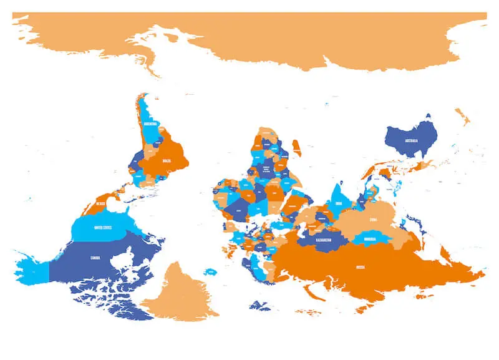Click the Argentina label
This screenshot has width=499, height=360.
[150, 124]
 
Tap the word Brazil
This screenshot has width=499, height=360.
[166, 160]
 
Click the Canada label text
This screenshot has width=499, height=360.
[95, 258]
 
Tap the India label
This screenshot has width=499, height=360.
[339, 203]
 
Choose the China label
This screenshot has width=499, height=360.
[373, 220]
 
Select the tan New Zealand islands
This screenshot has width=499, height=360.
[462, 117]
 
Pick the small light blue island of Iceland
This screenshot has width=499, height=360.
[211, 271]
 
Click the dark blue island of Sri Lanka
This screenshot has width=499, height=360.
[341, 182]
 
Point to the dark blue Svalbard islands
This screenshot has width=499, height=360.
[259, 306]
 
